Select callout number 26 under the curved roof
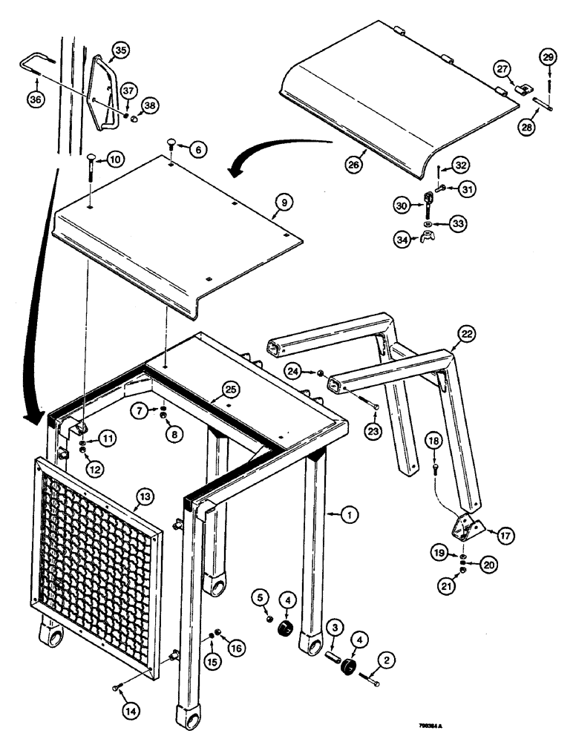pyautogui.click(x=354, y=165)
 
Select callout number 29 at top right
pyautogui.click(x=547, y=57)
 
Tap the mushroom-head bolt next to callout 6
pyautogui.click(x=171, y=143)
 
